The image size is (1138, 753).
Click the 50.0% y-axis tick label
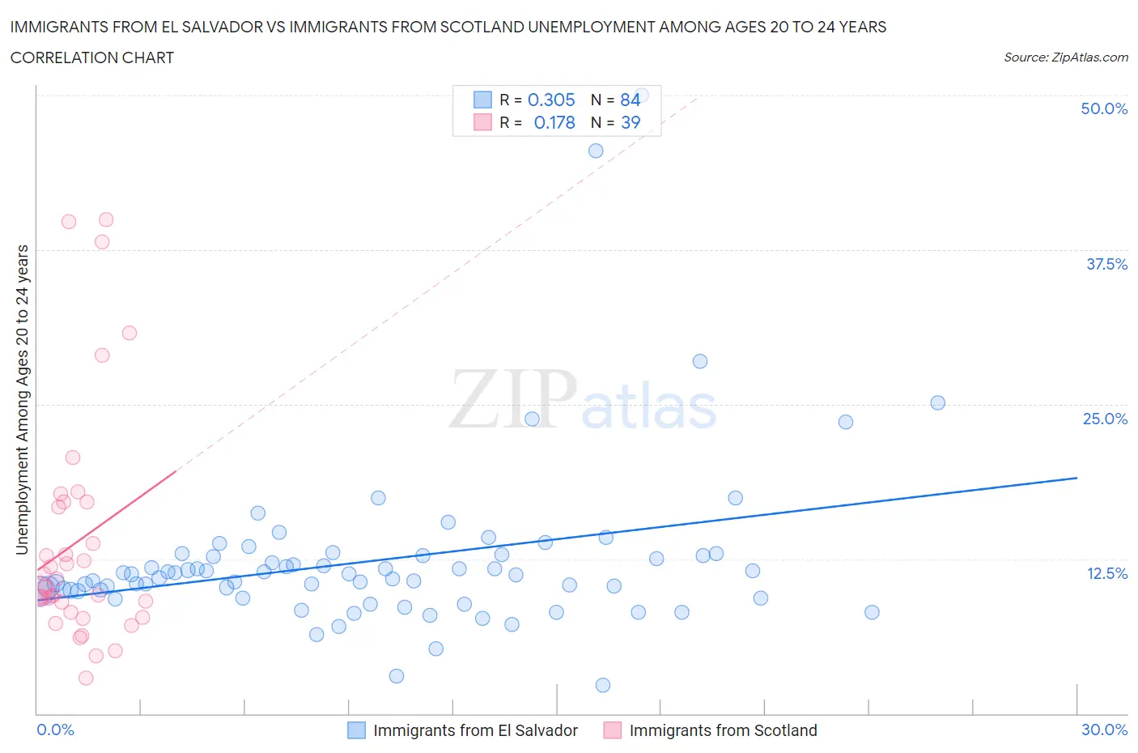(1104, 108)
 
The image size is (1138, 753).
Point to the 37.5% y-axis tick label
(1106, 264)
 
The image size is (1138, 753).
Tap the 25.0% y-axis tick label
(1105, 419)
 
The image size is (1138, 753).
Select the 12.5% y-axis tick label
(1106, 573)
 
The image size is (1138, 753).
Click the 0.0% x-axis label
(55, 730)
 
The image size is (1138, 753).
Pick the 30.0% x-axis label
(1104, 730)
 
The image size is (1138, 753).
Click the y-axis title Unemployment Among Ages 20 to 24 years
(22, 399)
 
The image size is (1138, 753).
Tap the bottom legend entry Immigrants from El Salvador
(475, 730)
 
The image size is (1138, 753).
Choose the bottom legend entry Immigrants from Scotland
(723, 730)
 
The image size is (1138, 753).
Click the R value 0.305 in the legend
(551, 100)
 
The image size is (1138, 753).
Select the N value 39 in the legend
(631, 122)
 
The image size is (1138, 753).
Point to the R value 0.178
(554, 122)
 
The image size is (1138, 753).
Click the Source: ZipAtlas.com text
(1065, 57)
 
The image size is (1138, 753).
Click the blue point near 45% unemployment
(596, 151)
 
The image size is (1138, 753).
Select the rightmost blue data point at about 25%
(937, 402)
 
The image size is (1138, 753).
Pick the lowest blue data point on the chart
(603, 685)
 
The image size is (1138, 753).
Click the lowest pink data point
(86, 678)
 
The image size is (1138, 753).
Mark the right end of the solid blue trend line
(1076, 478)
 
